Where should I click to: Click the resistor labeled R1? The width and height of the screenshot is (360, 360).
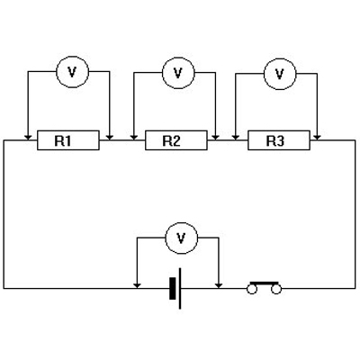pyautogui.click(x=68, y=140)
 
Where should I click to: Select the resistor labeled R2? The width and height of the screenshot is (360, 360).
pyautogui.click(x=176, y=140)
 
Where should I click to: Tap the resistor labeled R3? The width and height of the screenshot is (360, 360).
pyautogui.click(x=279, y=140)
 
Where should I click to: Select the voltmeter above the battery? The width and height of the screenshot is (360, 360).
pyautogui.click(x=182, y=238)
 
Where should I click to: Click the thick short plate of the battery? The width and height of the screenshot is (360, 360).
pyautogui.click(x=172, y=289)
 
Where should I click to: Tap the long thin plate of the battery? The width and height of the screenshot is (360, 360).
pyautogui.click(x=180, y=289)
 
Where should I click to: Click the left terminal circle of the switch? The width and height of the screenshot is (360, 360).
pyautogui.click(x=252, y=289)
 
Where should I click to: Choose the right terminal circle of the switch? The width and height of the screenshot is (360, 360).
pyautogui.click(x=276, y=289)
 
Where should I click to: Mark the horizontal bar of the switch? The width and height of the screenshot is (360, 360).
pyautogui.click(x=264, y=283)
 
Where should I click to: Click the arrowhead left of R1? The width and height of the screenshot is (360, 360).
pyautogui.click(x=28, y=138)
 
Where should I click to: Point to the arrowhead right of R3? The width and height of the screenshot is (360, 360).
pyautogui.click(x=317, y=138)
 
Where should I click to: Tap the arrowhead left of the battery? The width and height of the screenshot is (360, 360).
pyautogui.click(x=137, y=285)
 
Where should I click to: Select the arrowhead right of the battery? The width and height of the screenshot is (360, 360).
pyautogui.click(x=219, y=285)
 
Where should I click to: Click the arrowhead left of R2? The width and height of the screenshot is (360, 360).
pyautogui.click(x=134, y=138)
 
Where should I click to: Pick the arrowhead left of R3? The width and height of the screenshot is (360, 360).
pyautogui.click(x=236, y=138)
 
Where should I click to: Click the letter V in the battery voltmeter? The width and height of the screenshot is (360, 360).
pyautogui.click(x=181, y=238)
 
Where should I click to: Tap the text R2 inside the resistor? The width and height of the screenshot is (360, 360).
pyautogui.click(x=172, y=140)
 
